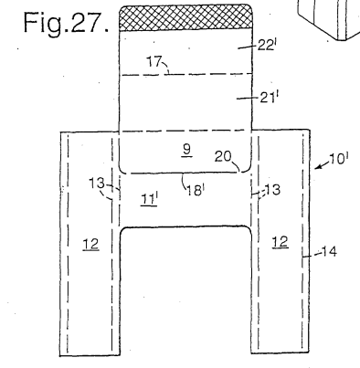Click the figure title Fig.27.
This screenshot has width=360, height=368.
(x=66, y=23)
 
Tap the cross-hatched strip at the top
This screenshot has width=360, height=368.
(x=185, y=17)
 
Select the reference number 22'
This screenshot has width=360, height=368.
(x=267, y=45)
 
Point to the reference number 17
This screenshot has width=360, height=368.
(x=154, y=61)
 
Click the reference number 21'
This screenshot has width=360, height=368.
(x=269, y=98)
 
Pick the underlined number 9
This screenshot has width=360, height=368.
(x=187, y=150)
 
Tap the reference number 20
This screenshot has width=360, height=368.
(x=223, y=156)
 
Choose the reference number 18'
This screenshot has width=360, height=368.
(x=196, y=191)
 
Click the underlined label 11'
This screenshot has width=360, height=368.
(x=149, y=199)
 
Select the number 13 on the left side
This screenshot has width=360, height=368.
(x=97, y=184)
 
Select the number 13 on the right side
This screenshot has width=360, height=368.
(x=272, y=190)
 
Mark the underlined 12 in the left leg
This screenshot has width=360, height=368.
(x=90, y=244)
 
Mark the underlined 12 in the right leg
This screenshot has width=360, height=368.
(x=281, y=242)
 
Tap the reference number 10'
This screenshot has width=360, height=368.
(x=339, y=159)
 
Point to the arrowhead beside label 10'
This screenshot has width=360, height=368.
(x=317, y=166)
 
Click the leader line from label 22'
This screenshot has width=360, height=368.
(x=247, y=47)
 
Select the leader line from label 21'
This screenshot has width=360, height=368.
(x=248, y=98)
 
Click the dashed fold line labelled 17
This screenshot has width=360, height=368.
(x=185, y=74)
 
